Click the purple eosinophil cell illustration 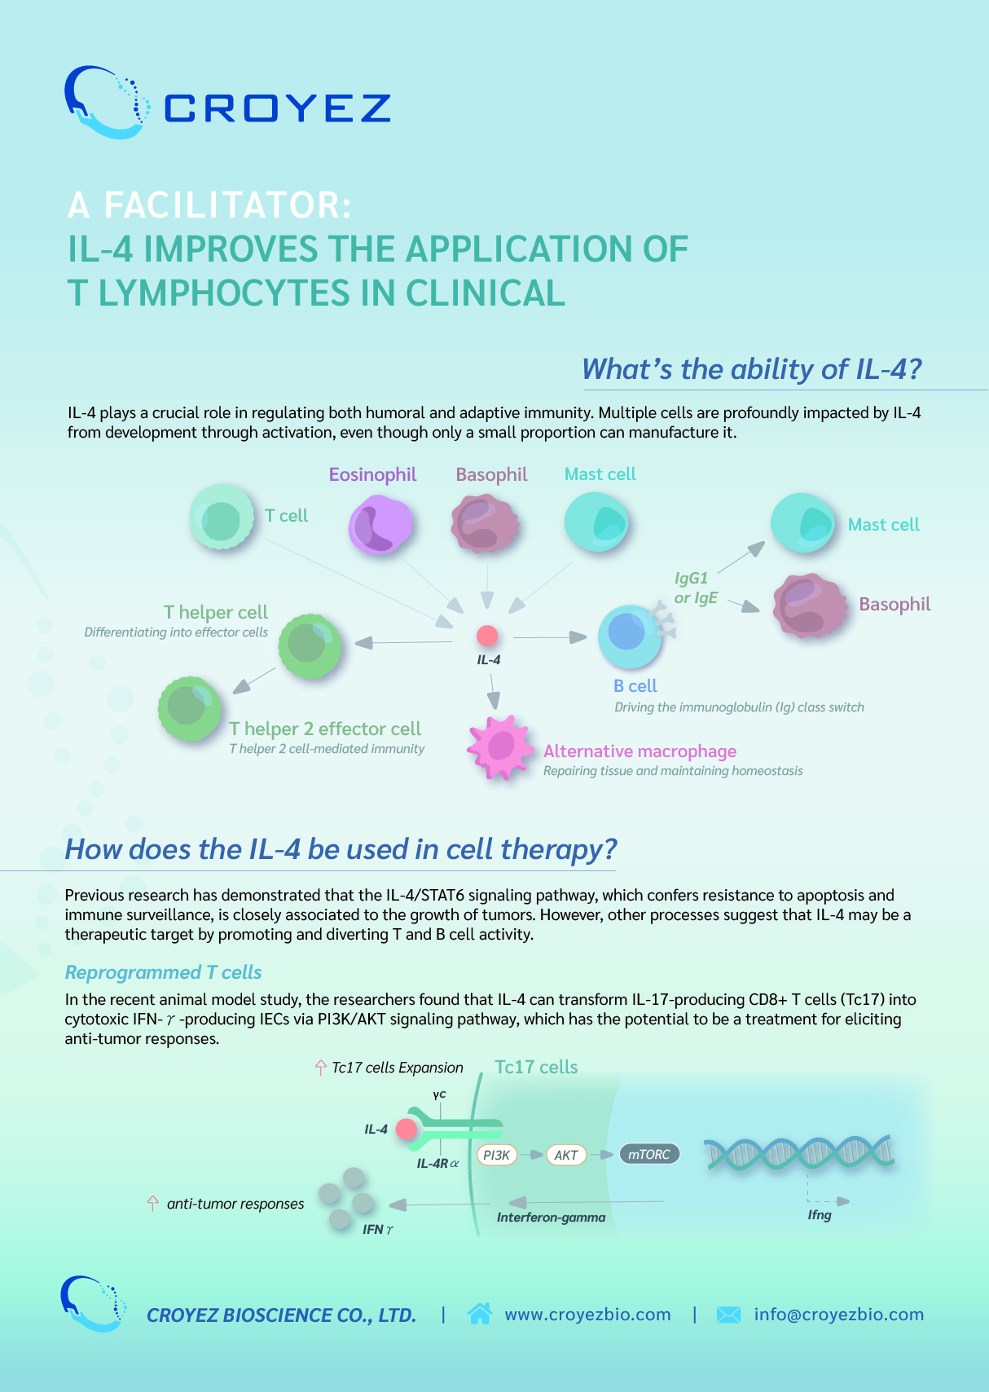[380, 524]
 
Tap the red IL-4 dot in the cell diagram [487, 636]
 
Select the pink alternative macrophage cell [500, 747]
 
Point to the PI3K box [496, 1155]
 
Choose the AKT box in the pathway [566, 1155]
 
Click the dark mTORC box [649, 1154]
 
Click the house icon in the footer [480, 1314]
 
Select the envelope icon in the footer [728, 1315]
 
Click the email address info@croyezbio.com [838, 1315]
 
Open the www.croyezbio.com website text [587, 1315]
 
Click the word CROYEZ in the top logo [277, 108]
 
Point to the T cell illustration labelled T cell [222, 517]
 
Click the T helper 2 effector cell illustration [190, 709]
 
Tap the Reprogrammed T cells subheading [164, 972]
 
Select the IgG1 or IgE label [696, 588]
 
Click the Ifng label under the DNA [820, 1215]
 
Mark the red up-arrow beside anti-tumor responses [152, 1204]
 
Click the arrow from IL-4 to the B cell [550, 637]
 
